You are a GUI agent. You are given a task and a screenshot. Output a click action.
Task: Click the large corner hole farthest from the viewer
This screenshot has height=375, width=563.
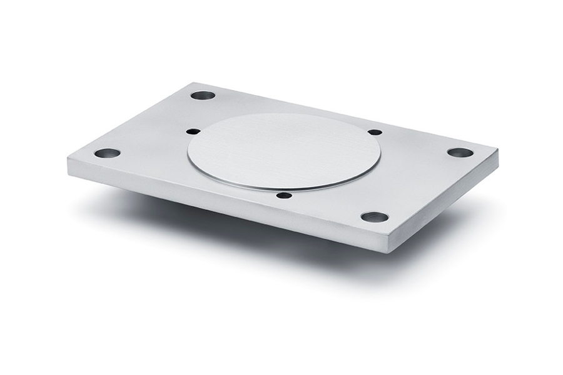pos(203,96)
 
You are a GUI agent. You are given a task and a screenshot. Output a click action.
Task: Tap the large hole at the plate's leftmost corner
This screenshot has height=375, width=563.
pos(107,153)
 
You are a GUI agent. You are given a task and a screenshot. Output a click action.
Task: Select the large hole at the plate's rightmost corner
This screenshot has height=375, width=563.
pos(460,152)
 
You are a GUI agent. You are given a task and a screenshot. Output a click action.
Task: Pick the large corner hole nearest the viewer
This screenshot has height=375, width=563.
pos(375,217)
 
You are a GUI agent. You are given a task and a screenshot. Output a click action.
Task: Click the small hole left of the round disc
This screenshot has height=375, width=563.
pos(194,132)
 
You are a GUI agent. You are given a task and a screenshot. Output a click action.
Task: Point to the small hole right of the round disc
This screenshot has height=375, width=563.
pos(375,132)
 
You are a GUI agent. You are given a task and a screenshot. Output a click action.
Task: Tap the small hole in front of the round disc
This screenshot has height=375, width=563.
pos(284,196)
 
